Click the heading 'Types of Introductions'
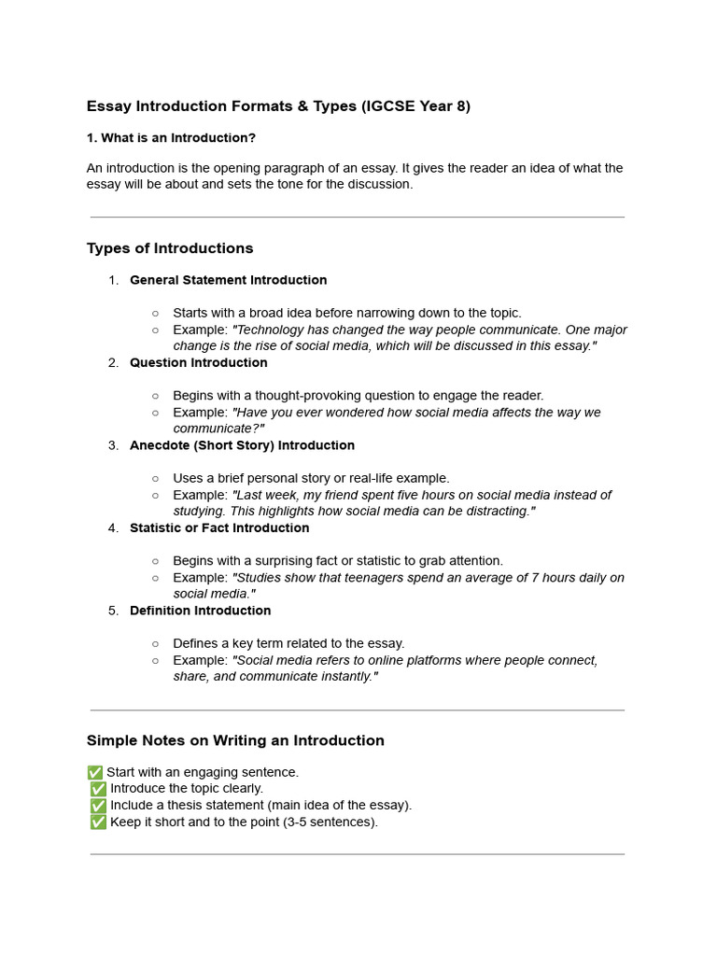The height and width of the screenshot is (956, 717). (170, 248)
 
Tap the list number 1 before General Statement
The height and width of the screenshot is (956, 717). (113, 280)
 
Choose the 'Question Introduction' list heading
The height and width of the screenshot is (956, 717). (198, 363)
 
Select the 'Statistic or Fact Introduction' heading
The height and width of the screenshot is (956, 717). (219, 528)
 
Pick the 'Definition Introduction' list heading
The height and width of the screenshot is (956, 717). (200, 611)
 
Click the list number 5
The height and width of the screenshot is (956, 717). (113, 611)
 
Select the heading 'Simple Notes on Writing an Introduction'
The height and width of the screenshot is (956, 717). (235, 740)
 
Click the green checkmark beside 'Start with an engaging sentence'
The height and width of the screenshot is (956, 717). (94, 773)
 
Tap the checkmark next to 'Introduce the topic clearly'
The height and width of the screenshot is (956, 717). (98, 789)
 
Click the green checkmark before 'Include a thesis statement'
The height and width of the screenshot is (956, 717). (98, 806)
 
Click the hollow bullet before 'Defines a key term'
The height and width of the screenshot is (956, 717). (155, 644)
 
